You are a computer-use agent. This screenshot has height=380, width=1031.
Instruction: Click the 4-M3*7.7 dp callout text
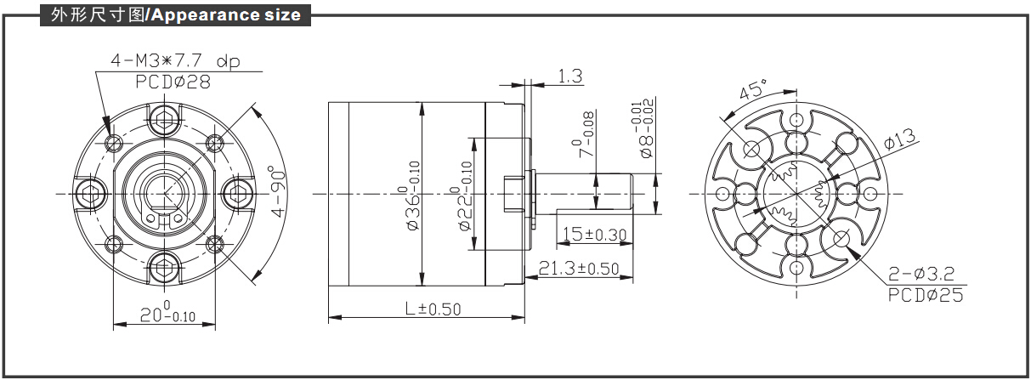point(175,61)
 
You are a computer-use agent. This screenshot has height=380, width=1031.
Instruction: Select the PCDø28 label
point(173,82)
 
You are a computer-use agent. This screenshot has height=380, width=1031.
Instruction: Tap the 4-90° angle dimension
point(279,191)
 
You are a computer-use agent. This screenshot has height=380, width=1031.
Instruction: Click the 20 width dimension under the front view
point(167,313)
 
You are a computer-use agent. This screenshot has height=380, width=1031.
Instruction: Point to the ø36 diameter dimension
point(414,196)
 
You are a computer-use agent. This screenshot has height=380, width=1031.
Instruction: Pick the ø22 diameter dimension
point(465,196)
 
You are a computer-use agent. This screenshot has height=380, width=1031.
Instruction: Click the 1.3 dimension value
point(570,76)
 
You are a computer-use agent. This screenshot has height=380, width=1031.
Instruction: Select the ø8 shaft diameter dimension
point(644,128)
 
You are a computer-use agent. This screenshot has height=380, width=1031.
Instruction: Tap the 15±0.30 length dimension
point(595,235)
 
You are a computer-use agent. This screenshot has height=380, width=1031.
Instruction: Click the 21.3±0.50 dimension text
point(579,268)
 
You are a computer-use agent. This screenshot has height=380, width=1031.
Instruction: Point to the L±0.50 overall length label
point(433,309)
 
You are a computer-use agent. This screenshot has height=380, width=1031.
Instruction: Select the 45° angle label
point(753,89)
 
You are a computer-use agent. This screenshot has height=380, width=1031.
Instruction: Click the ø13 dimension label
point(900,139)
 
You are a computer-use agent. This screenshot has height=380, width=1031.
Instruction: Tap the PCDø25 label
point(925,295)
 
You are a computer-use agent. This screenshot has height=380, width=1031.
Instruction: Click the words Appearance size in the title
point(226,15)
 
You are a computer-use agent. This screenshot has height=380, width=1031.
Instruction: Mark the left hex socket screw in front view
point(91,194)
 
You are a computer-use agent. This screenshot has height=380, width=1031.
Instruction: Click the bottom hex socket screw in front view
point(164,267)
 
